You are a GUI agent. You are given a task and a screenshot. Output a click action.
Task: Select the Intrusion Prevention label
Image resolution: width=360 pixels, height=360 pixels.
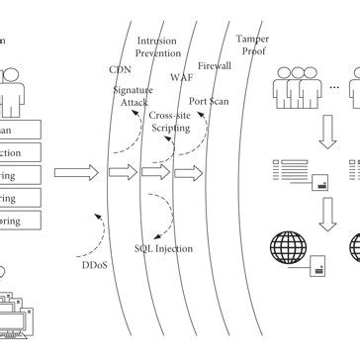pos(159,48)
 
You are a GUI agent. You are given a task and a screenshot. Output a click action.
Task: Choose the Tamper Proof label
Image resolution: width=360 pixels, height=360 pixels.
pos(252,45)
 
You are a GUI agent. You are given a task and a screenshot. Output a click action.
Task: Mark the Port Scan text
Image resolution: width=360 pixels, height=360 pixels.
pos(211,101)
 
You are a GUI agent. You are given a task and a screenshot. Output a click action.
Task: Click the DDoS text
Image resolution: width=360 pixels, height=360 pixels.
pos(95,264)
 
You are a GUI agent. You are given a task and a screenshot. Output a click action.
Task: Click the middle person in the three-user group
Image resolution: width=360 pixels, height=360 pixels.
pos(296,87)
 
